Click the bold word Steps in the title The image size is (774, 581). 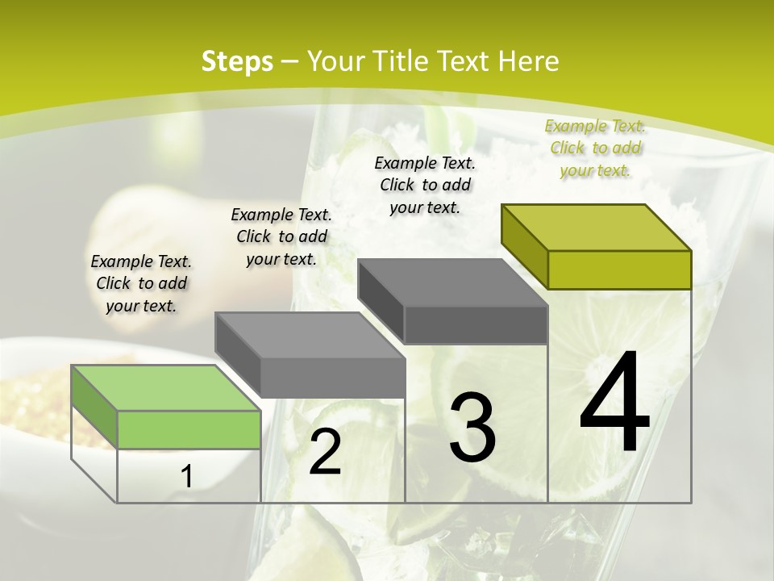(236, 61)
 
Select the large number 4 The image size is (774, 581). (614, 403)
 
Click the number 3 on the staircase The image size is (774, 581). (472, 428)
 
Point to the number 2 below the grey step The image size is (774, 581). (325, 453)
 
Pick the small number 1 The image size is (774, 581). (187, 477)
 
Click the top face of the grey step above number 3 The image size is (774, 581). (452, 282)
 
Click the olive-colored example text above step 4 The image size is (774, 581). (595, 148)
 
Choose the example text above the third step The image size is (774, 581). (425, 185)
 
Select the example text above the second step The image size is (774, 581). (281, 236)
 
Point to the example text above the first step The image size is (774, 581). (141, 283)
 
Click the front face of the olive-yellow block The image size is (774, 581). (619, 270)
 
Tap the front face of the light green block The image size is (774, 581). (189, 429)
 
